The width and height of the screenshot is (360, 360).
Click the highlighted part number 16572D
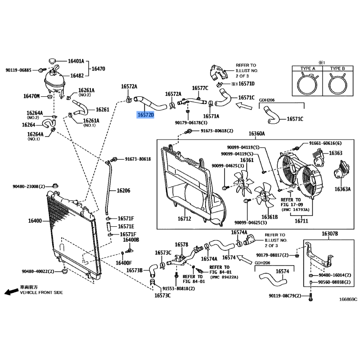click(145, 115)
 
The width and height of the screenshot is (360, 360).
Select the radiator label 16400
click(35, 221)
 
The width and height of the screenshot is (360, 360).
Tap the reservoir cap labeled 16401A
click(52, 61)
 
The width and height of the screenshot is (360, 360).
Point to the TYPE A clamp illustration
click(307, 84)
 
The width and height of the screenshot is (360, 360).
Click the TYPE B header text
click(337, 68)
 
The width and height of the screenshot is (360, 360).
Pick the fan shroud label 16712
click(184, 219)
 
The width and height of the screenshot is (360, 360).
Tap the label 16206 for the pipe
click(123, 190)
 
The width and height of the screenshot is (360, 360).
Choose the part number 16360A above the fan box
click(256, 134)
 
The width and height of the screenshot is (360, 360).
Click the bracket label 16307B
click(330, 234)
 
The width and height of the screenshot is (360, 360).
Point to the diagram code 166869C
click(348, 299)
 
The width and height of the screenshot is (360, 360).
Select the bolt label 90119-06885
click(18, 70)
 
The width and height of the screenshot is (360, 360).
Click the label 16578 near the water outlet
click(181, 245)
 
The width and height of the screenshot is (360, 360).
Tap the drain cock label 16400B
click(131, 240)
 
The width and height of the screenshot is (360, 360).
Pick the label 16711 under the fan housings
click(301, 221)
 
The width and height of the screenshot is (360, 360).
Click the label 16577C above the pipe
click(200, 88)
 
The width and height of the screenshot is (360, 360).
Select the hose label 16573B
click(134, 270)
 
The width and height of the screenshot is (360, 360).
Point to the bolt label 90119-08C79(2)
click(285, 296)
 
